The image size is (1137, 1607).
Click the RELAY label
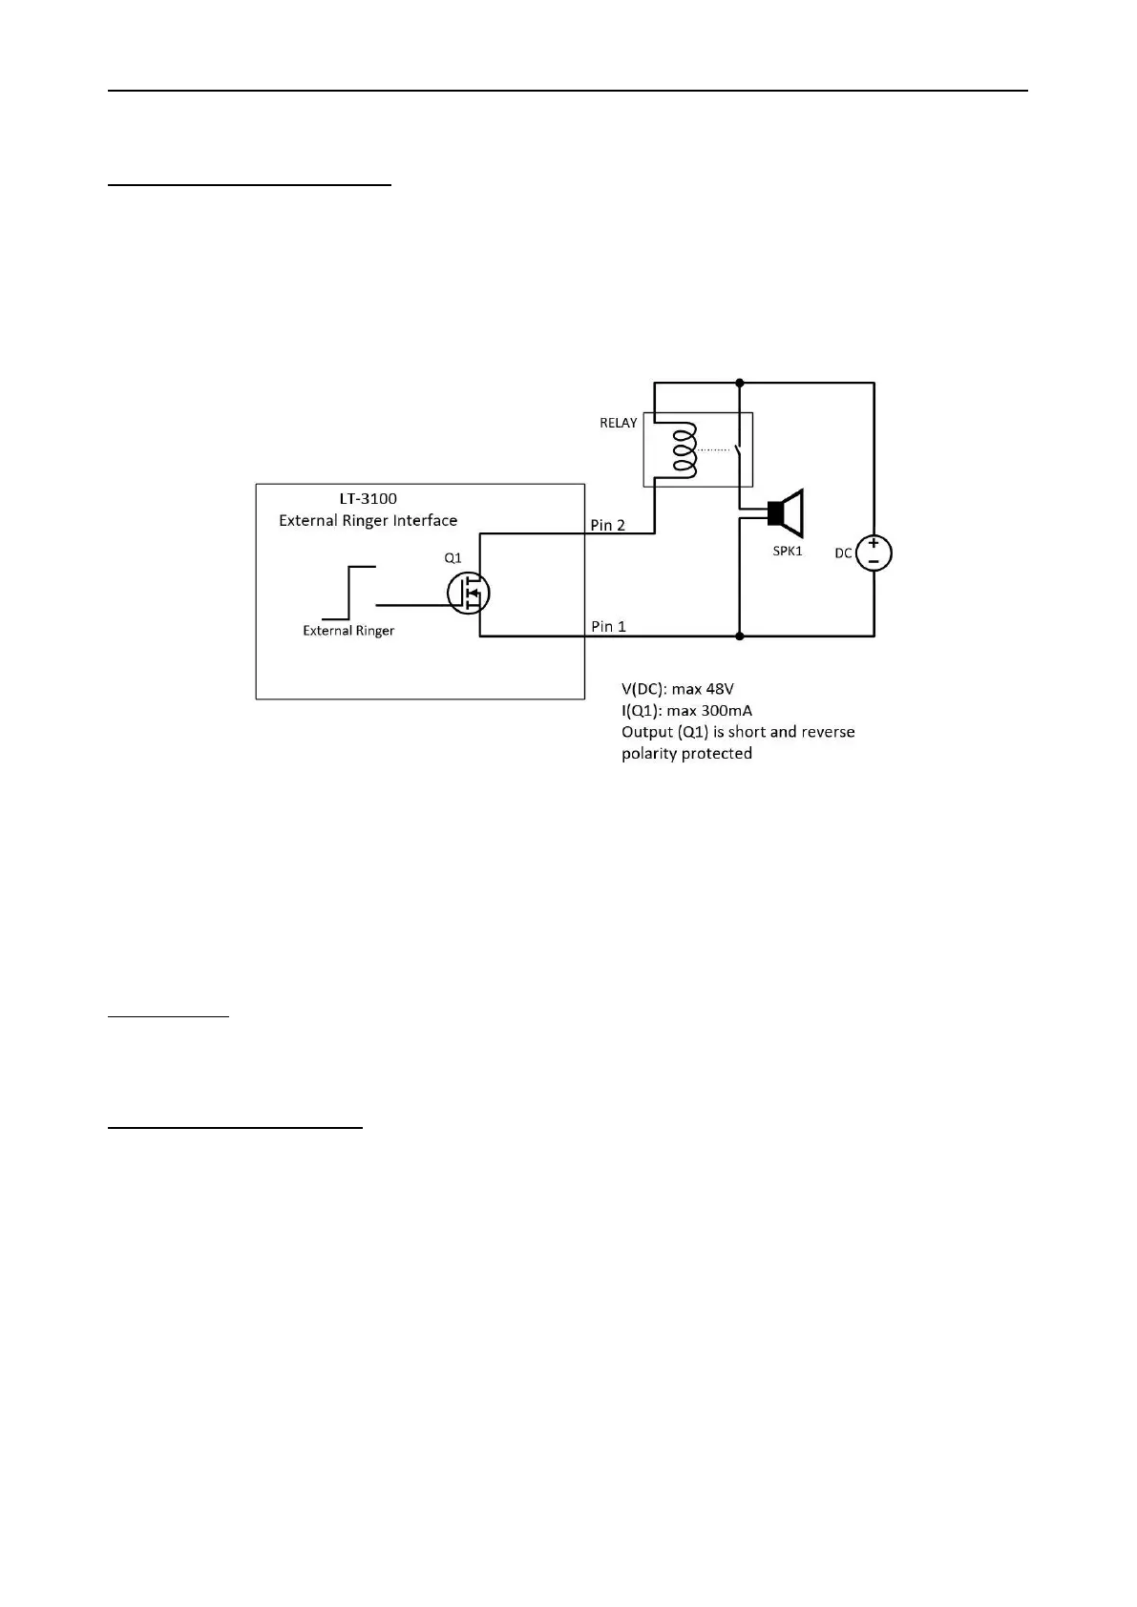click(x=618, y=423)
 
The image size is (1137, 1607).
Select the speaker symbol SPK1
click(x=786, y=514)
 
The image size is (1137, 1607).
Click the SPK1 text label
click(x=787, y=552)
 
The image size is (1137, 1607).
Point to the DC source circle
click(x=874, y=553)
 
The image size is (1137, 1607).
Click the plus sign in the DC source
click(x=874, y=544)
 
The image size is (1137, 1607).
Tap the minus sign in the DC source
click(x=874, y=562)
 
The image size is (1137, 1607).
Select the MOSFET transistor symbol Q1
click(x=468, y=593)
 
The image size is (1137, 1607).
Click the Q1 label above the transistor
click(x=453, y=557)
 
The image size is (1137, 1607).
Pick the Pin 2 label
click(x=608, y=525)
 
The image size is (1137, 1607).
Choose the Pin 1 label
click(x=608, y=626)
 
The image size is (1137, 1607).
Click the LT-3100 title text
click(x=368, y=498)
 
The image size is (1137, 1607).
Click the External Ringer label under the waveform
click(x=348, y=631)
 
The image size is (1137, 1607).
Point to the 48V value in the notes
click(x=717, y=688)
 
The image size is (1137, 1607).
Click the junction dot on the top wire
click(x=740, y=383)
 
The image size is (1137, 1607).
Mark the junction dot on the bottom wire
click(x=740, y=636)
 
